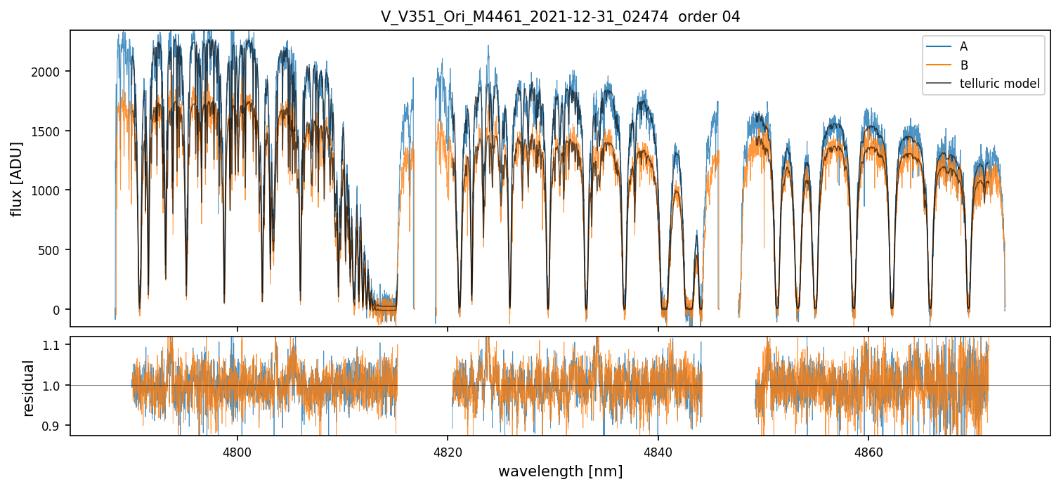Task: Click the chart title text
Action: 560,17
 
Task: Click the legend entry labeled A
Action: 963,46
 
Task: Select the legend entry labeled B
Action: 963,65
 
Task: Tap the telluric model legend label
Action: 999,84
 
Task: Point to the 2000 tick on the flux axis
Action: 49,72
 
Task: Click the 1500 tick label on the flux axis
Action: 49,131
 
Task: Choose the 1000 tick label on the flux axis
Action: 49,190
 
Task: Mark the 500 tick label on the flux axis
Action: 53,250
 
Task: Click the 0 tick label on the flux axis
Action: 60,310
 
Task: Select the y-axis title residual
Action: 29,388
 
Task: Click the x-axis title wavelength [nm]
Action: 560,471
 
